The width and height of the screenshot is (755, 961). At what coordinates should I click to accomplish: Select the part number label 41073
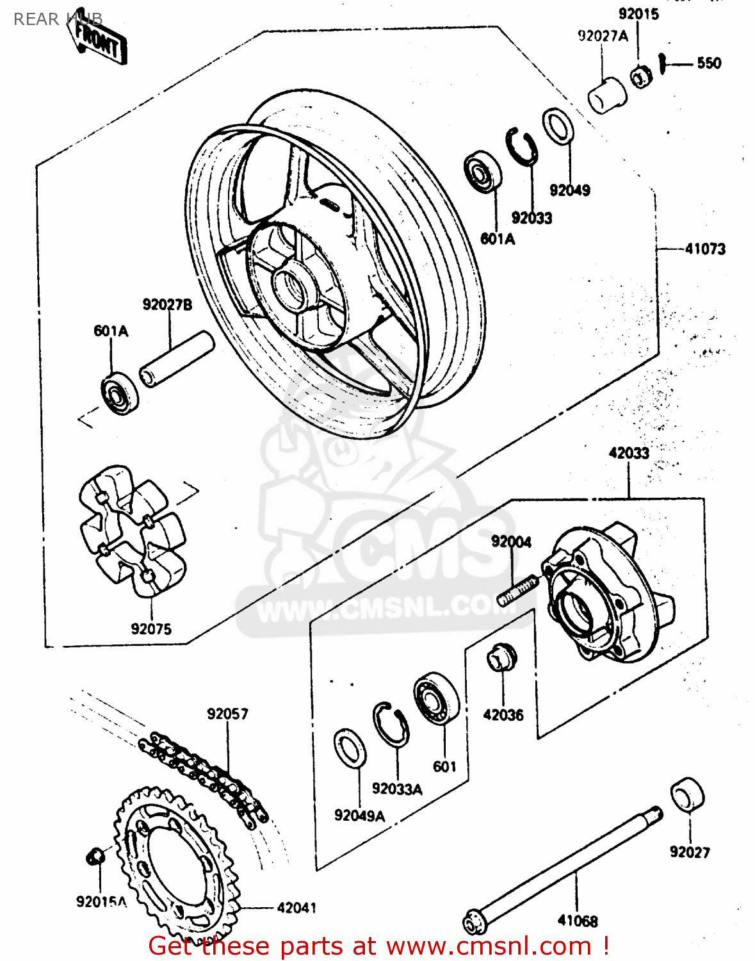pyautogui.click(x=705, y=249)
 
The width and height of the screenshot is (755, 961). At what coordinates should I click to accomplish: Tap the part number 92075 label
pyautogui.click(x=151, y=629)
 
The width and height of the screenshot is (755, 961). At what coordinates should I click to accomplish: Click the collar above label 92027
pyautogui.click(x=687, y=795)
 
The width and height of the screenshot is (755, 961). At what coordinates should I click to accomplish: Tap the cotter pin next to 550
pyautogui.click(x=664, y=62)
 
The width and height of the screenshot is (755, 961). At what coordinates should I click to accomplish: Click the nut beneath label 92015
pyautogui.click(x=640, y=76)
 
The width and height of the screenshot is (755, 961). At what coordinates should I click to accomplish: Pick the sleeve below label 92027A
pyautogui.click(x=606, y=95)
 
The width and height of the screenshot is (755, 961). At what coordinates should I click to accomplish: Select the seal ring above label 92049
pyautogui.click(x=558, y=127)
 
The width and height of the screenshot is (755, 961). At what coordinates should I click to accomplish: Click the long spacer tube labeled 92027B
pyautogui.click(x=176, y=359)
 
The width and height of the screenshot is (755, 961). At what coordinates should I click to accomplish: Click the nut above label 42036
pyautogui.click(x=501, y=657)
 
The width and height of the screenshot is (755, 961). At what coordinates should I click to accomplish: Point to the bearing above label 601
pyautogui.click(x=436, y=699)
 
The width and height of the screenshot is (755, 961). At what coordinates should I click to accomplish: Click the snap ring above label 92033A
pyautogui.click(x=391, y=724)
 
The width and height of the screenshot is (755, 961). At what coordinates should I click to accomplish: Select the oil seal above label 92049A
pyautogui.click(x=350, y=748)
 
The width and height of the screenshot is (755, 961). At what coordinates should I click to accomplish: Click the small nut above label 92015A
pyautogui.click(x=95, y=855)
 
